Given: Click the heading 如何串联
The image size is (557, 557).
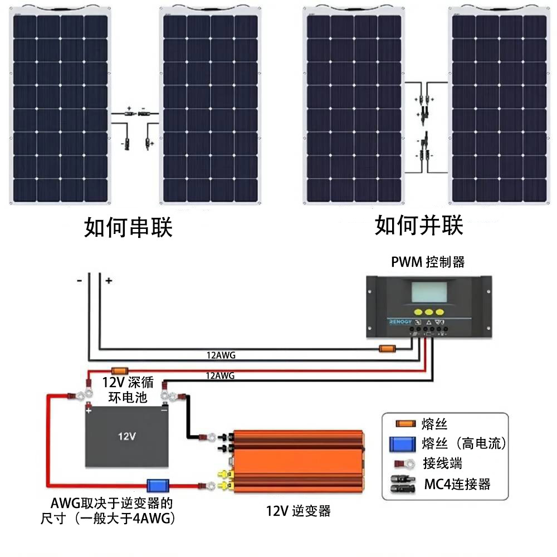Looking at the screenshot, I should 129,228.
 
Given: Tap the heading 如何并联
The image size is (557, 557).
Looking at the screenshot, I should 419,226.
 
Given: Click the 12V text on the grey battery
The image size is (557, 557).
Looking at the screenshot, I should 127,436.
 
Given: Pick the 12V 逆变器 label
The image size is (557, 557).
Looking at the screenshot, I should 298,511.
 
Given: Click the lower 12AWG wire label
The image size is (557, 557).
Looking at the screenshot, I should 220,376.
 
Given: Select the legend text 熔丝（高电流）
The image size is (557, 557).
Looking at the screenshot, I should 463,443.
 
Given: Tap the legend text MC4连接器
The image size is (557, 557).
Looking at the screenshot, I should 457,483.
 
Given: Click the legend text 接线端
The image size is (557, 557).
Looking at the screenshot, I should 442,463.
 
